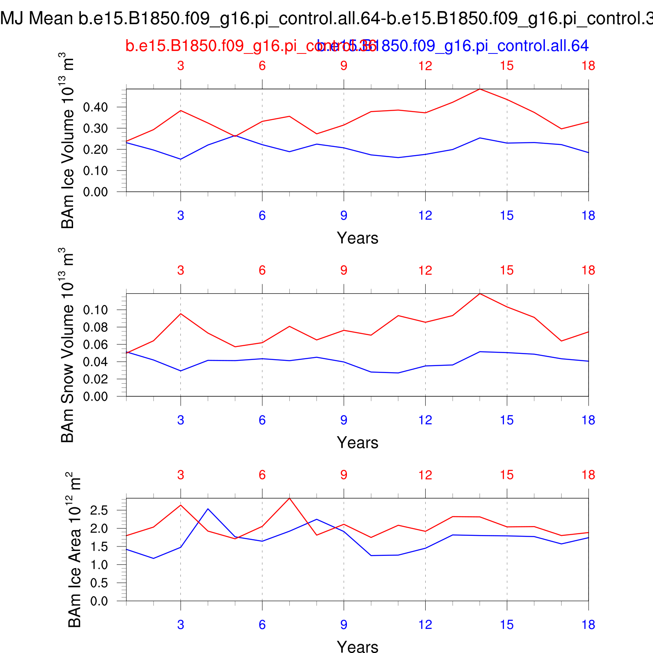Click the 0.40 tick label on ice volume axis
[96, 108]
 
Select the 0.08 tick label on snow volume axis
[96, 327]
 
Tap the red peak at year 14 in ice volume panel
[480, 89]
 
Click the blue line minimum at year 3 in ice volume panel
[181, 159]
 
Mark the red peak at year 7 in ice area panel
[289, 498]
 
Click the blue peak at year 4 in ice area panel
[208, 509]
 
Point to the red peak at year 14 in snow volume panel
[480, 294]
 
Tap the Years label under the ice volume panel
[358, 238]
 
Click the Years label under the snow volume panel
[358, 442]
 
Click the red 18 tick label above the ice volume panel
[589, 66]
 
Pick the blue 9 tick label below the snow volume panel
[344, 420]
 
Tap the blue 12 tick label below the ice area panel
[425, 625]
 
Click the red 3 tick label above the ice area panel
[181, 475]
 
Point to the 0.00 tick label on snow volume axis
[96, 397]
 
